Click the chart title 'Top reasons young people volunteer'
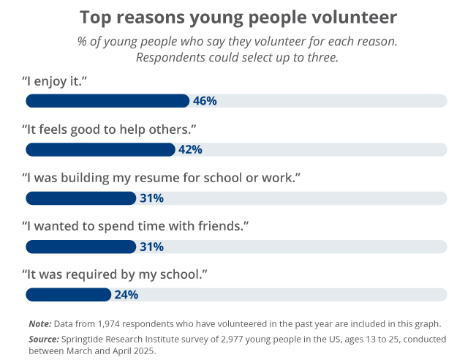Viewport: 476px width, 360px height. coord(238,17)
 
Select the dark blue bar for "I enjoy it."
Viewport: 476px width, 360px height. coord(107,101)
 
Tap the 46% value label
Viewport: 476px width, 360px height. coord(205,101)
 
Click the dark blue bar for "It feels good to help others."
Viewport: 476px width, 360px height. coord(100,149)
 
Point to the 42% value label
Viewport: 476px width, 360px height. coord(190,149)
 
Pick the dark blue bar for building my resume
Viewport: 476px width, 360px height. coord(80,198)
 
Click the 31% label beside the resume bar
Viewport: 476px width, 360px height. coord(151,198)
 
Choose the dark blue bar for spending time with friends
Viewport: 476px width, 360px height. coord(80,247)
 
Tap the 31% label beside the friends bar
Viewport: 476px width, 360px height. coord(151,247)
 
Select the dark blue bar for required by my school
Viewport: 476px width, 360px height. coord(69,295)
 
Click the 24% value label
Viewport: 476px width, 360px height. coord(126,295)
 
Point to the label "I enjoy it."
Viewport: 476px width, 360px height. coord(56,80)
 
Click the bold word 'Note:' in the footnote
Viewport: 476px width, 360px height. coord(39,323)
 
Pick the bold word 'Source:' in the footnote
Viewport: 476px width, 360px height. coord(44,340)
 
